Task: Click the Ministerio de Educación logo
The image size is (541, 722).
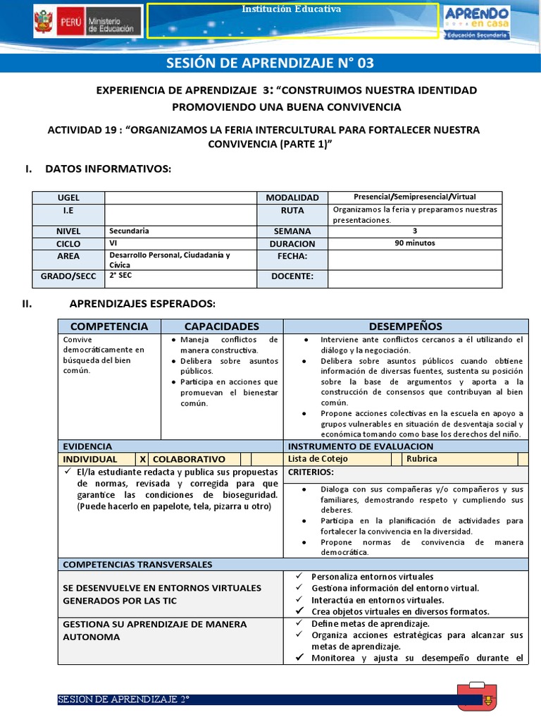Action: tap(87, 23)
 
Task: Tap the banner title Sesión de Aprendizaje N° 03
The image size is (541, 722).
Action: tap(270, 63)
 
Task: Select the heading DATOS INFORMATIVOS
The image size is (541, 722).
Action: tap(107, 169)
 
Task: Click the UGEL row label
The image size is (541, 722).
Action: tap(68, 198)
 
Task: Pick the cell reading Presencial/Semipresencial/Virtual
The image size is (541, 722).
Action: tap(415, 197)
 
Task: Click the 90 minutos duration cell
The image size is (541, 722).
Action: tap(415, 243)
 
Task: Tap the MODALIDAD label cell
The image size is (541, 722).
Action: tap(292, 198)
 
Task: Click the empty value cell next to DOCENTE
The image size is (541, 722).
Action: tap(415, 277)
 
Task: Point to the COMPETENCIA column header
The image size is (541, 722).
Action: tap(109, 326)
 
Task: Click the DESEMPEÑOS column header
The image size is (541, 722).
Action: tap(406, 326)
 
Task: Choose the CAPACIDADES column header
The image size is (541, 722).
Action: tap(222, 326)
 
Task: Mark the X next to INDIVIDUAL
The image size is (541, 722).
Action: tap(143, 459)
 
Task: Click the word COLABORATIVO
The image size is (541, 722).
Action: tap(194, 459)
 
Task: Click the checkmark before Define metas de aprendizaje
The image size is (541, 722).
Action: tap(299, 623)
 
